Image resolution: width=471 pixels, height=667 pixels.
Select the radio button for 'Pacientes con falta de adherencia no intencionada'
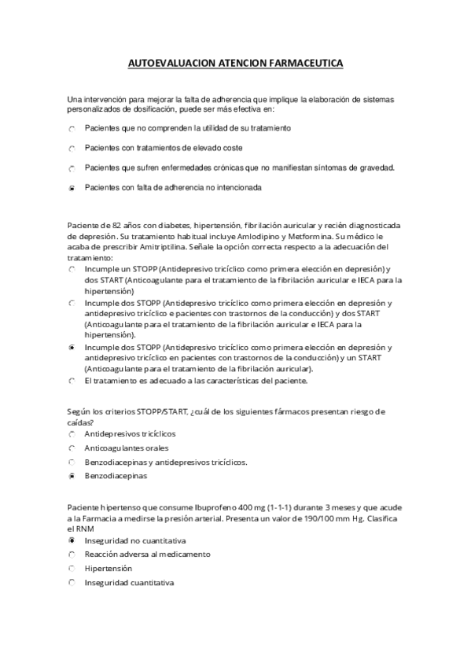tap(72, 189)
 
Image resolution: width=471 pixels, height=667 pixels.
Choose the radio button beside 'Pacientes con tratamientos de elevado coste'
tap(72, 148)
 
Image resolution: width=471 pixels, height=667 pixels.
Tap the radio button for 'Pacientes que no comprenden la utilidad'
tap(72, 127)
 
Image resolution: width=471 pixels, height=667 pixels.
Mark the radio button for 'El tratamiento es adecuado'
tap(72, 381)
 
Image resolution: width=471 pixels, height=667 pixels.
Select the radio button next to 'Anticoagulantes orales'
tap(72, 448)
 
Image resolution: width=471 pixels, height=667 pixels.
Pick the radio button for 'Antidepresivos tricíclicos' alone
tap(72, 433)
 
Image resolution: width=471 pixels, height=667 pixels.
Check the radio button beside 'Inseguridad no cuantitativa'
tap(72, 541)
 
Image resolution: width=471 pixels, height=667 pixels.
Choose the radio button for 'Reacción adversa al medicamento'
tap(72, 555)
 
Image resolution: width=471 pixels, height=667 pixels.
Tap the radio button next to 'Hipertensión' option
tap(72, 568)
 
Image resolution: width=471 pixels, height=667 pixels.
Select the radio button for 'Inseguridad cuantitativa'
tap(72, 582)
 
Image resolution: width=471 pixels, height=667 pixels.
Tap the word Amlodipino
tap(267, 235)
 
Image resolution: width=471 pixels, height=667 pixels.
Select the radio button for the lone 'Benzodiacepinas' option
tap(72, 476)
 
